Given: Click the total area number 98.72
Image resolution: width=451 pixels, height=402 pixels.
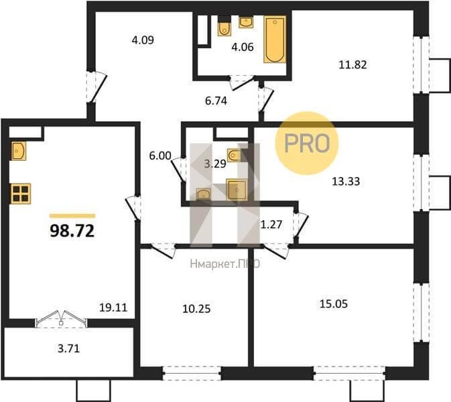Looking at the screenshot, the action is [x=72, y=230].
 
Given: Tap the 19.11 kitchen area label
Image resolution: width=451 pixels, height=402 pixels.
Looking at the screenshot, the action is [x=113, y=308].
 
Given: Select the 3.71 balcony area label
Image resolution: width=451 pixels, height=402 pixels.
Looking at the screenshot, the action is [x=69, y=349].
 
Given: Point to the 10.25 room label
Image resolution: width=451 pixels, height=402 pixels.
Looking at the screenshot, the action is [x=197, y=309].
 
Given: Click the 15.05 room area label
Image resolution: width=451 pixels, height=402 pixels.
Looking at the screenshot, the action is [x=334, y=304].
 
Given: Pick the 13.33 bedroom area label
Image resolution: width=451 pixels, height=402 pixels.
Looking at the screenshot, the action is [x=346, y=182].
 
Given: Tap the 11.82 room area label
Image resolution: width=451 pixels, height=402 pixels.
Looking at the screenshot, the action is [x=353, y=65].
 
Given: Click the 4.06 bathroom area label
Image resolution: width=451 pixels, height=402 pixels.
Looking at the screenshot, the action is [x=243, y=47].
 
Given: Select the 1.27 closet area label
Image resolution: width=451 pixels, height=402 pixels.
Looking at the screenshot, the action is [x=271, y=224].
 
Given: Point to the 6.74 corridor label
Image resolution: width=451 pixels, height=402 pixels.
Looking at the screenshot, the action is [x=216, y=101].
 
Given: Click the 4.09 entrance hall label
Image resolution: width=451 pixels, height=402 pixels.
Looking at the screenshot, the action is [x=143, y=40].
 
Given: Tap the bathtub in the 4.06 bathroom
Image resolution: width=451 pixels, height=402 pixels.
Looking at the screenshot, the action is [x=275, y=40].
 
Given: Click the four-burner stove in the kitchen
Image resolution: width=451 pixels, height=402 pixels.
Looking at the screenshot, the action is [x=21, y=194].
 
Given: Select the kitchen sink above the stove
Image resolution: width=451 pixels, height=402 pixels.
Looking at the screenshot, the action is [x=19, y=151].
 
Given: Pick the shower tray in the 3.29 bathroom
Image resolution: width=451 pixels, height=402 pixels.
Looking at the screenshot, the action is [x=237, y=190].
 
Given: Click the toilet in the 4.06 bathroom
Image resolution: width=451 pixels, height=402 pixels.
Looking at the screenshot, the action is [x=224, y=27].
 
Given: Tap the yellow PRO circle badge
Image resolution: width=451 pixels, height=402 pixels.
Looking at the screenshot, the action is [x=307, y=143].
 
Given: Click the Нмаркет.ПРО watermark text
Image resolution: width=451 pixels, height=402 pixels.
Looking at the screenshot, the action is [x=225, y=264].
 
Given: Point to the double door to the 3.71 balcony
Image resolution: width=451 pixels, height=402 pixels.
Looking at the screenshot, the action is [x=61, y=320].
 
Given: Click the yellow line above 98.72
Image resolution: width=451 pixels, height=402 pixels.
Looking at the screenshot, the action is [x=72, y=216].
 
